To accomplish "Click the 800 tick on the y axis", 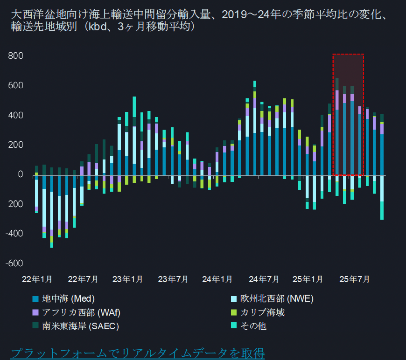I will pos(16,56).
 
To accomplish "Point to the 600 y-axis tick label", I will pos(16,86).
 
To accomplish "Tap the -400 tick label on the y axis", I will pos(14,234).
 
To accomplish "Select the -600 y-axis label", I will pos(14,263).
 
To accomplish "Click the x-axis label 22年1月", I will pos(37,279).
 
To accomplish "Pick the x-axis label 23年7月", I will pos(173,279).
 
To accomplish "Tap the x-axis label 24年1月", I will pos(217,279).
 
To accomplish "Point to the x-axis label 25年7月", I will pos(354,279).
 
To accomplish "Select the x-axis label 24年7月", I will pos(264,279).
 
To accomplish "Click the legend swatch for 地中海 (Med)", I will pos(35,299).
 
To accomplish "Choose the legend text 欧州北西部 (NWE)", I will pos(277,299).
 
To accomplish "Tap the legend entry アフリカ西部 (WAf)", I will pos(75,312).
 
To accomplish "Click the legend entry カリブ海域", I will pos(262,312).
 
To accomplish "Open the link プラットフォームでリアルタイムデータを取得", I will pos(137,353).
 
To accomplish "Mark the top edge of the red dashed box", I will pos(348,54).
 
